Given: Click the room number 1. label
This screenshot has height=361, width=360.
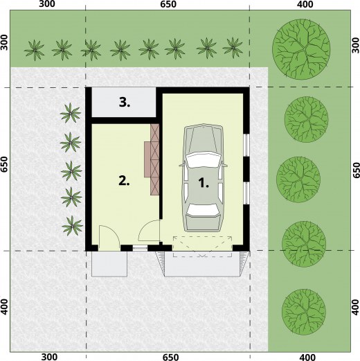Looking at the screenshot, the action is pos(204,183).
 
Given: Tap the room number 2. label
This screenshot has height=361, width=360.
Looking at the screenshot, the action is pos(124,181).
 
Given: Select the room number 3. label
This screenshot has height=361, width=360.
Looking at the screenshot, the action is pos(125,103).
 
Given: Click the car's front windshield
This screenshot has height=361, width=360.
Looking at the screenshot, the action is pos(203,159).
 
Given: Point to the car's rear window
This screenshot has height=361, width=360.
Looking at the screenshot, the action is pos(203,210).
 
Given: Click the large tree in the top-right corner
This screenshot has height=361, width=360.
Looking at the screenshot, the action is pos(301,49).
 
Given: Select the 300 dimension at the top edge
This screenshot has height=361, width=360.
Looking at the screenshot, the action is pos(47,4).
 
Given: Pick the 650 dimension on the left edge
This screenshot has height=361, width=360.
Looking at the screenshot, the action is pos(4,164).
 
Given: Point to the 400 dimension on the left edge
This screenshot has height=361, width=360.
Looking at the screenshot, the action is pos(4,306).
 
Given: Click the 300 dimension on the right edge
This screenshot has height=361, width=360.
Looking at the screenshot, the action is pos(356,45).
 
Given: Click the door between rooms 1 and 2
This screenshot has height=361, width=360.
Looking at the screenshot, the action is pos(150,231).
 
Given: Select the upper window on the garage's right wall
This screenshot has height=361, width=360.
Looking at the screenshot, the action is pos(246,145).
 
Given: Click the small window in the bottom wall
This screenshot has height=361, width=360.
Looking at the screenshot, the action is pos(140,248).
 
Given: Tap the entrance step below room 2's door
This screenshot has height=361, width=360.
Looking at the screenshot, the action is pos(109,264).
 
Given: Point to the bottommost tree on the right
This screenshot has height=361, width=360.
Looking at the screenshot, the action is pos(304,311).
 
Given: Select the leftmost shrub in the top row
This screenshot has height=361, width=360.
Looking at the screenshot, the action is pos(35,50).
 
